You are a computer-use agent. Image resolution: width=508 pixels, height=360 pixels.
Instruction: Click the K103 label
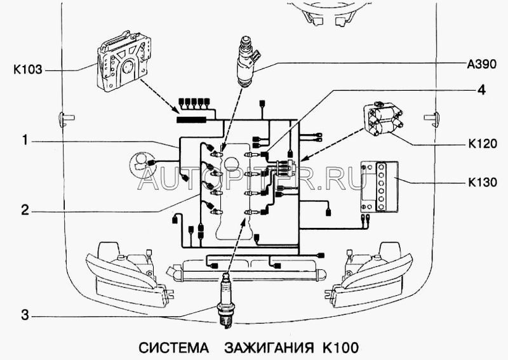tap(28, 70)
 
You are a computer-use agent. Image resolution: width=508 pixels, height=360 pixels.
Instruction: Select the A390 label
tap(482, 64)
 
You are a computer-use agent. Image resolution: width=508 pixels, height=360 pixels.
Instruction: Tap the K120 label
tap(483, 143)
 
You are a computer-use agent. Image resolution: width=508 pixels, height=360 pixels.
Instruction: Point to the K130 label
tap(483, 182)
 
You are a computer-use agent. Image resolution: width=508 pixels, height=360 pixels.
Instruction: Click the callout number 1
tap(25, 140)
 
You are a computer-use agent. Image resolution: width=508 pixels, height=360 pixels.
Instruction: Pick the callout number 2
tap(25, 211)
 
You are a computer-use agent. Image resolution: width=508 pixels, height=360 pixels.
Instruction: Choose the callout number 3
tap(25, 315)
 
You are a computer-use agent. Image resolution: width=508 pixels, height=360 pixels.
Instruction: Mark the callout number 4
tap(482, 90)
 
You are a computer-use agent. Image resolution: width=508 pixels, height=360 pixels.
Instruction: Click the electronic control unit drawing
tap(124, 60)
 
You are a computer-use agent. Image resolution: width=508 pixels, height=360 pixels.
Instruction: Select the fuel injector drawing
tap(248, 62)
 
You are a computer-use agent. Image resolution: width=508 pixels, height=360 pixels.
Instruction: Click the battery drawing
tap(380, 187)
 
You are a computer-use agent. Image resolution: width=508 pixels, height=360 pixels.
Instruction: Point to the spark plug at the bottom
tap(226, 300)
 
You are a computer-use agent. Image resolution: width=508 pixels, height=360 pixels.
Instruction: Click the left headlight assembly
tap(128, 276)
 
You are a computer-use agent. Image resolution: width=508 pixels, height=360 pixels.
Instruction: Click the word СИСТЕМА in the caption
tap(173, 348)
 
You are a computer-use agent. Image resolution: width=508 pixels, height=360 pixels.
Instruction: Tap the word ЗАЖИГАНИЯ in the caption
tap(269, 348)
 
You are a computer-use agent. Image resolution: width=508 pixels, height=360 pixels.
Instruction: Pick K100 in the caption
tap(340, 348)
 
